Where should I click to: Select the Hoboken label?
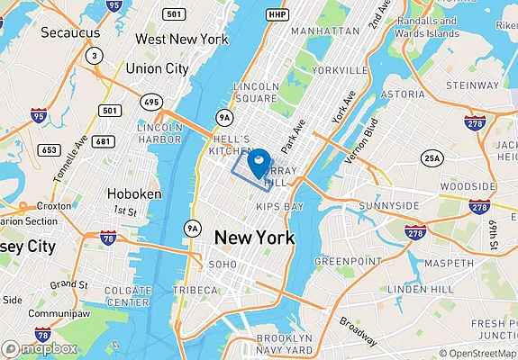tap(133, 193)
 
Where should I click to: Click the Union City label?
tap(157, 67)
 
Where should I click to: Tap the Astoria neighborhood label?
tap(403, 93)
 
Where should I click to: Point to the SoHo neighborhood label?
tap(223, 265)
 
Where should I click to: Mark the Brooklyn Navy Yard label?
tap(286, 343)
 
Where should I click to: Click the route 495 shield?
tap(151, 103)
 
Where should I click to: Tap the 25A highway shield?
tap(433, 158)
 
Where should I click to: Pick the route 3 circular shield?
tap(94, 56)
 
